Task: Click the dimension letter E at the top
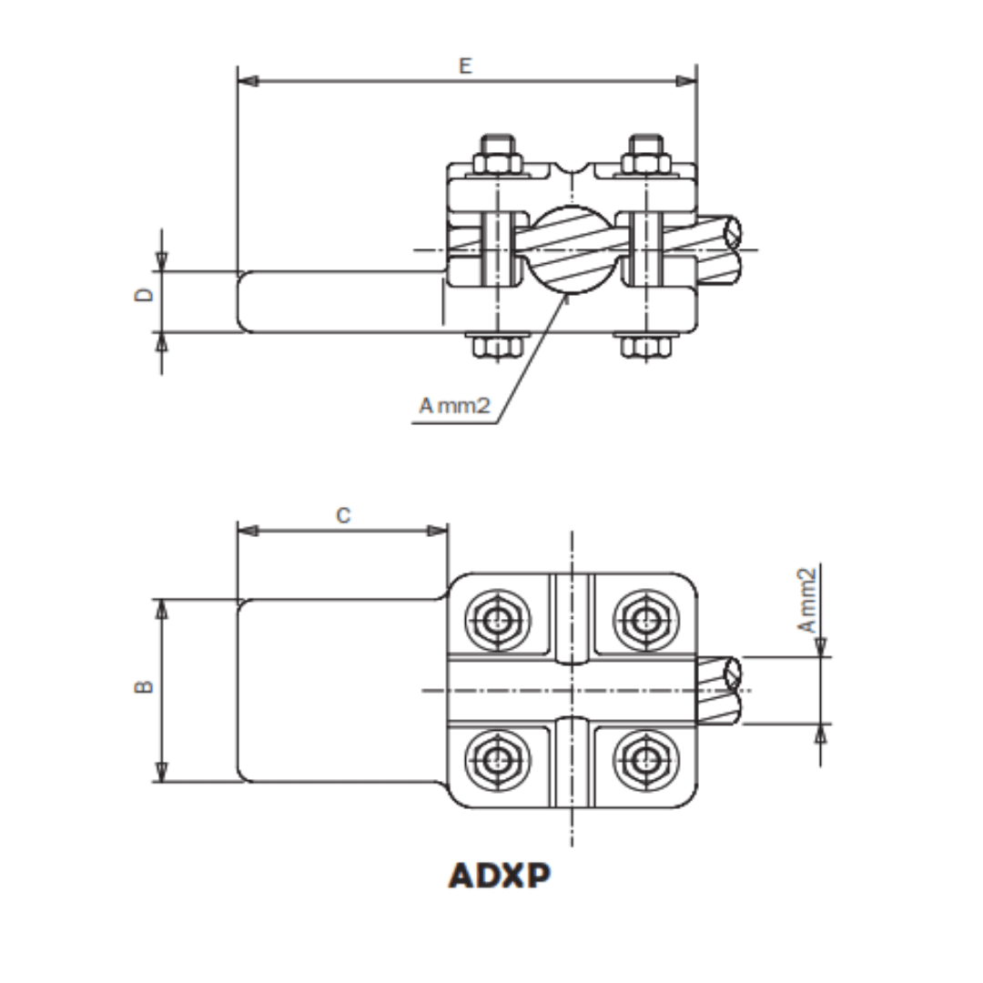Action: tap(465, 66)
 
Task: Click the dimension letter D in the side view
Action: tap(144, 294)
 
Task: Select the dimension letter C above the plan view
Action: tap(342, 516)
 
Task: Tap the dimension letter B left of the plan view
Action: tap(144, 687)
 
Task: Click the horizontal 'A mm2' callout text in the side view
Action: tap(454, 406)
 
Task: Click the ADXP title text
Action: tap(500, 875)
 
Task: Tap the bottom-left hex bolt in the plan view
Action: tap(497, 759)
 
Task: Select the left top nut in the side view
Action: tap(497, 157)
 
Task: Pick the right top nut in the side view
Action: tap(645, 157)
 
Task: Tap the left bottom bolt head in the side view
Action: tap(497, 347)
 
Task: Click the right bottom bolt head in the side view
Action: tap(645, 347)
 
